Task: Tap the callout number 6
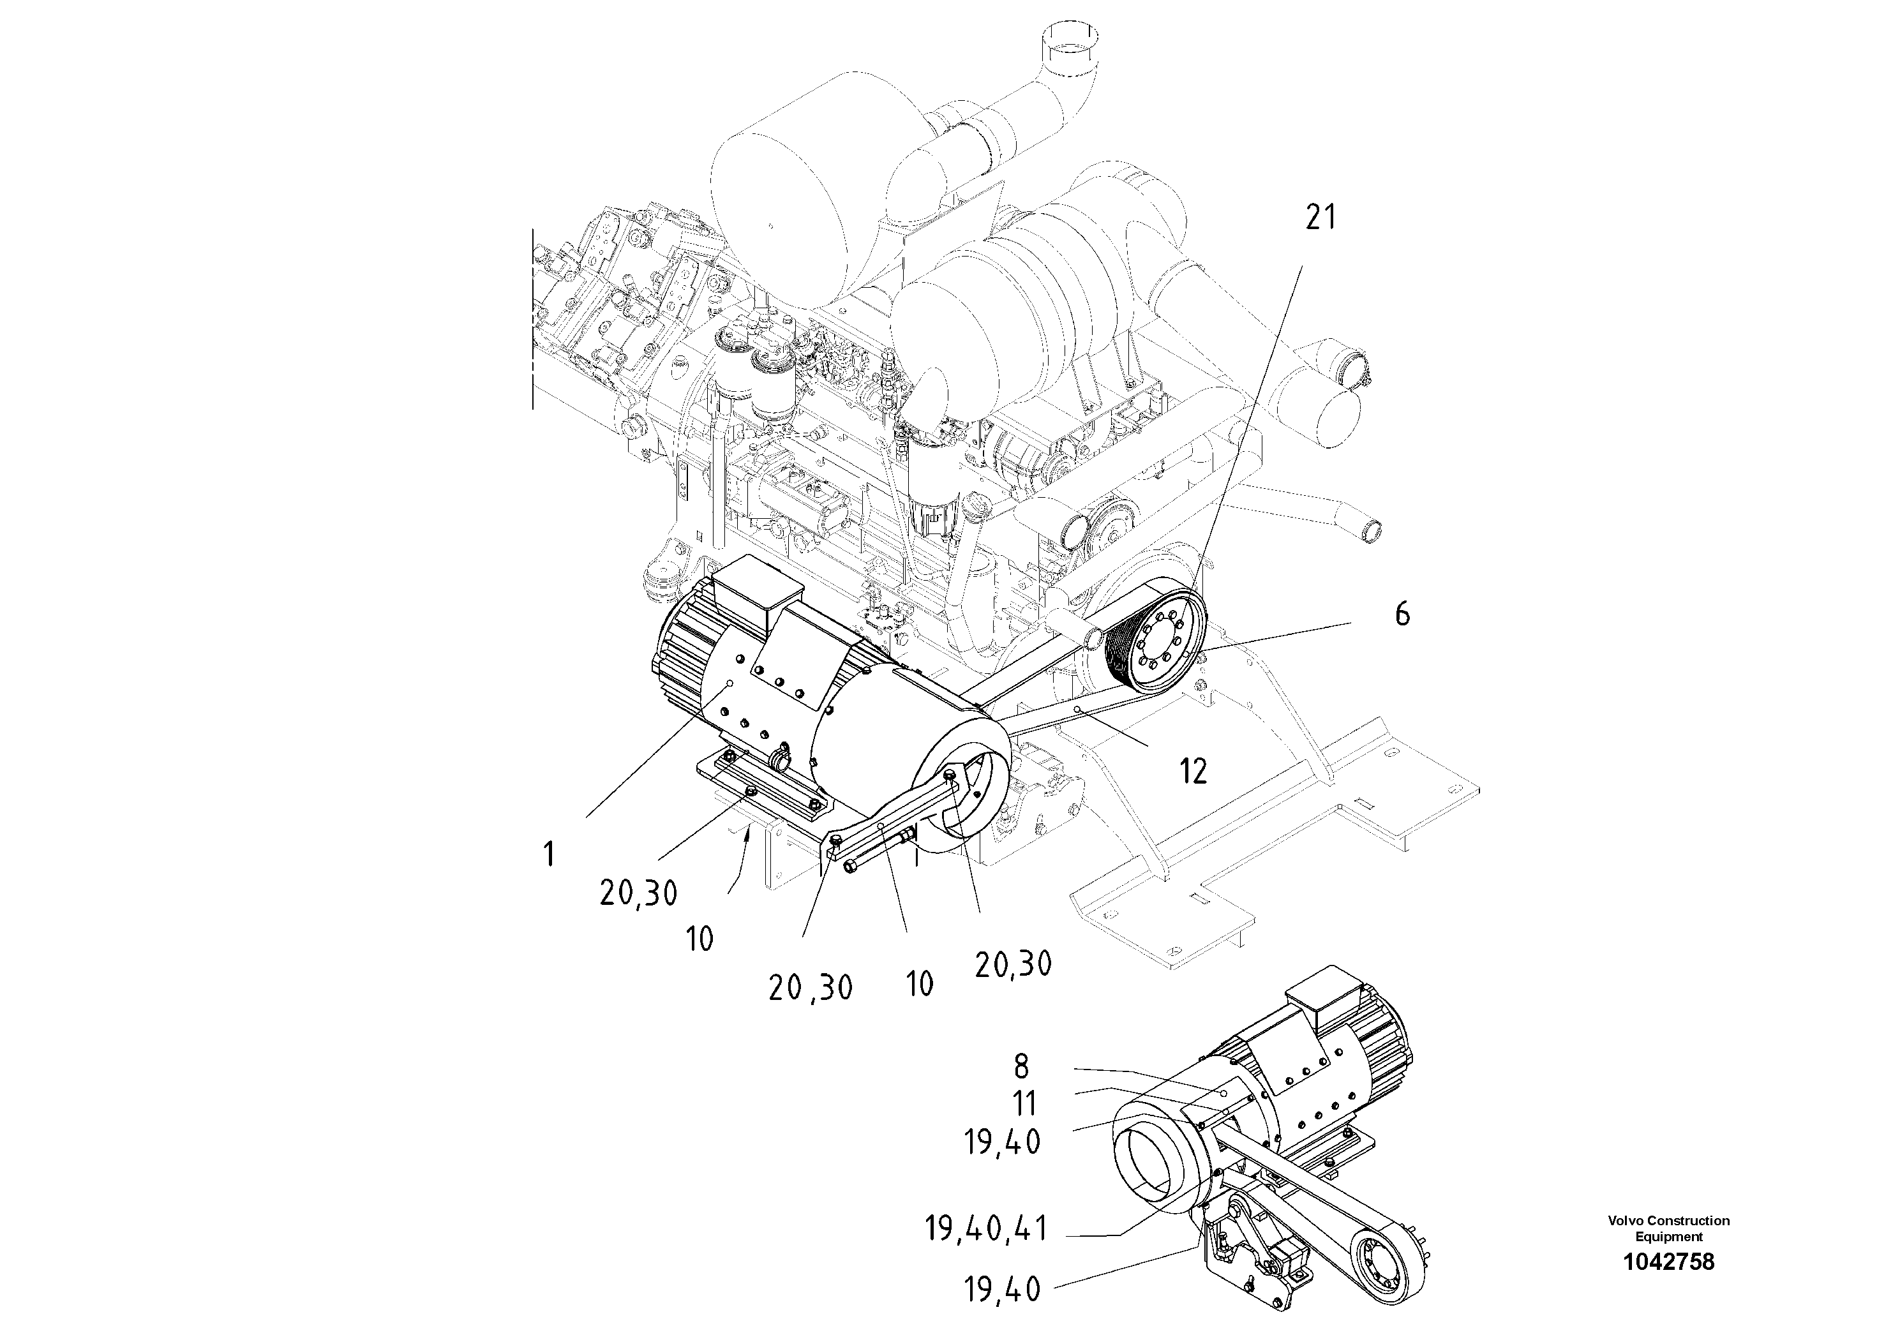[1402, 615]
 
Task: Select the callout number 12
[1192, 771]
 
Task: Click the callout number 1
[549, 854]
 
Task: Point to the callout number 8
[1021, 1068]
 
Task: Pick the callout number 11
[1024, 1104]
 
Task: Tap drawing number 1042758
[1668, 1262]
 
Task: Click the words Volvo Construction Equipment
[1668, 1228]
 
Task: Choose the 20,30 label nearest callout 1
[639, 892]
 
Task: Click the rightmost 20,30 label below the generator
[1013, 964]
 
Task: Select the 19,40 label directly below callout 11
[1002, 1143]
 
